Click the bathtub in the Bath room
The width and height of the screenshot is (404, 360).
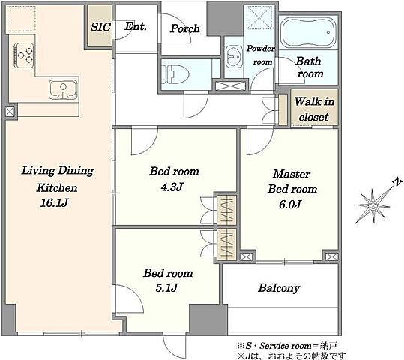(x=308, y=32)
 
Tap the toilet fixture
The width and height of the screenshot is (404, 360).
(x=175, y=74)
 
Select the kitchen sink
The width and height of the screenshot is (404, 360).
(x=63, y=89)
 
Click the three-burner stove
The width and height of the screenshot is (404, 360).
(x=24, y=55)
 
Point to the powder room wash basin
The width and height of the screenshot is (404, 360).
(x=234, y=57)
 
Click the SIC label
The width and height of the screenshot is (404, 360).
(x=100, y=27)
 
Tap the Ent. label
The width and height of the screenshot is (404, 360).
(x=136, y=26)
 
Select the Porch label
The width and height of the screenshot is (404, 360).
(x=184, y=28)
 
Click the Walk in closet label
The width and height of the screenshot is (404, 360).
(x=314, y=109)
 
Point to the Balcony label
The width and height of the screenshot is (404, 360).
(x=279, y=288)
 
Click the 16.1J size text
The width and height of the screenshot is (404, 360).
(x=55, y=203)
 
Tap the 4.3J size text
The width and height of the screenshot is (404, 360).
(x=172, y=187)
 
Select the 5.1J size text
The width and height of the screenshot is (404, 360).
(x=166, y=287)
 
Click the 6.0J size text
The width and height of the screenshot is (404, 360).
(x=290, y=205)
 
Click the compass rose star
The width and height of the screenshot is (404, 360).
(x=373, y=206)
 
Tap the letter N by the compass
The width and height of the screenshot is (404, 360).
(x=397, y=181)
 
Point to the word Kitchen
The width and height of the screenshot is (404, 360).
(x=57, y=188)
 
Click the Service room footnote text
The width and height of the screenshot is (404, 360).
(x=286, y=346)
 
